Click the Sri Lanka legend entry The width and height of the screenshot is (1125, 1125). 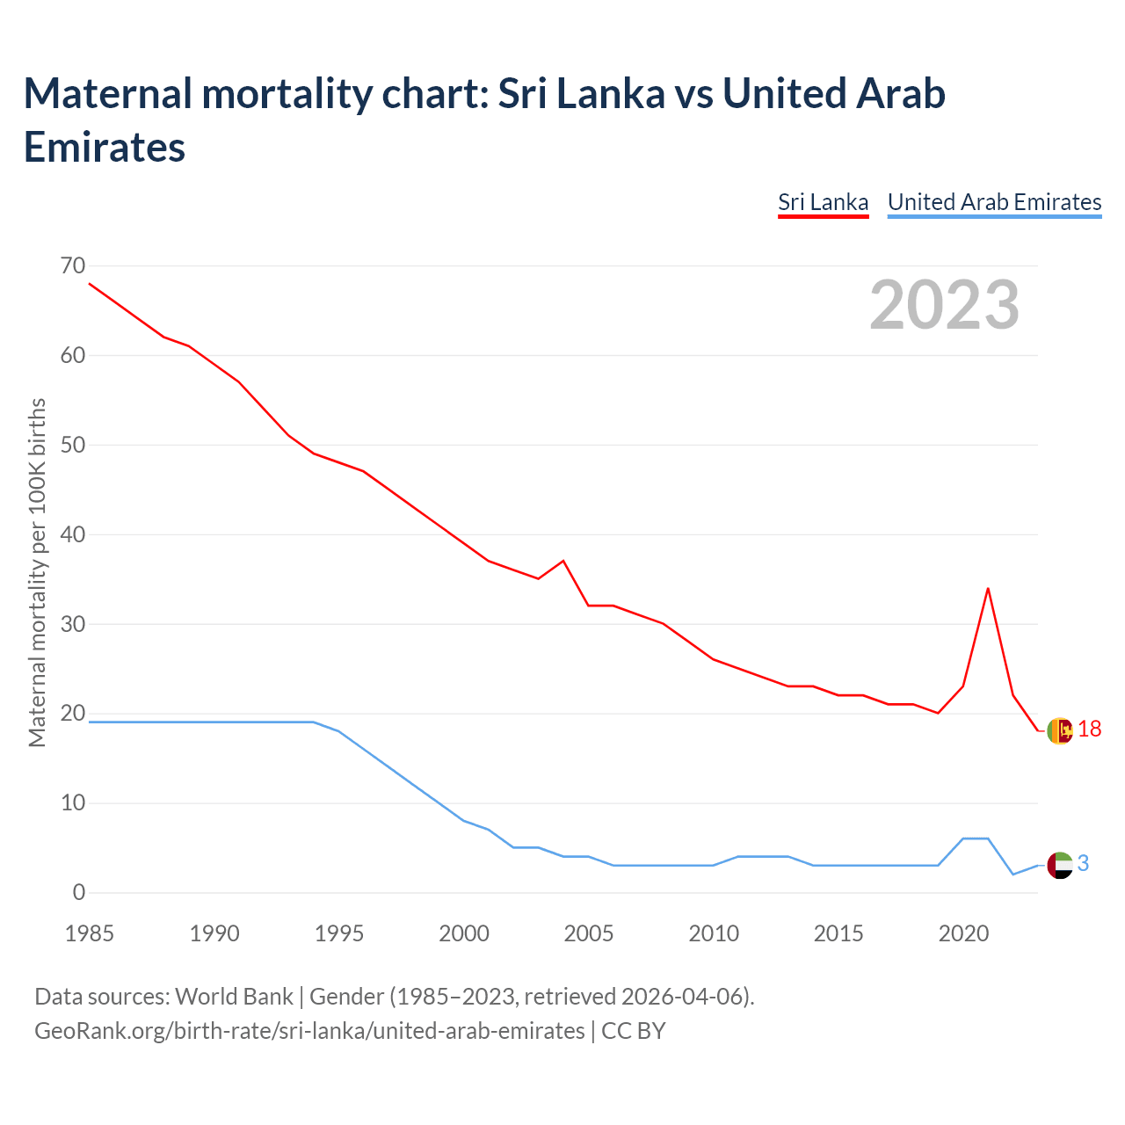[x=823, y=202]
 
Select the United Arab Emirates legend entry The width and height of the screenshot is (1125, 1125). [x=994, y=202]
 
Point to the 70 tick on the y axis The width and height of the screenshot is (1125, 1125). [x=73, y=265]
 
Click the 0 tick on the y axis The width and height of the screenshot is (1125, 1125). [x=79, y=892]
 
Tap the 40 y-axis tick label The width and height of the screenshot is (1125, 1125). [x=73, y=534]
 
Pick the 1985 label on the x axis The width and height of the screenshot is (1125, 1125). [x=90, y=933]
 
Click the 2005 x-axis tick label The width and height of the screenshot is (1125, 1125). [x=589, y=933]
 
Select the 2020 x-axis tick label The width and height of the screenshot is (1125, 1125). [x=963, y=933]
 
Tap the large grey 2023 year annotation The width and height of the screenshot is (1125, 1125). [x=944, y=305]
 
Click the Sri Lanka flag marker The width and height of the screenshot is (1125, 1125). [x=1060, y=730]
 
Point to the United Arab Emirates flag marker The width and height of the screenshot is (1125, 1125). [x=1060, y=865]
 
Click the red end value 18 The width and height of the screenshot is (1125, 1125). [x=1089, y=729]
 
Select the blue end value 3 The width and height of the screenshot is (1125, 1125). [x=1083, y=864]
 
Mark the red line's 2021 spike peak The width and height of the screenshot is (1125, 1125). [x=988, y=588]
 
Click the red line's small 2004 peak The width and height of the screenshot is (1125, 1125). [x=563, y=561]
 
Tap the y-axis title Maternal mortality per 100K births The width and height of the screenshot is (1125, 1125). [x=37, y=573]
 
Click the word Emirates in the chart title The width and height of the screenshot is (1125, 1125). [x=105, y=147]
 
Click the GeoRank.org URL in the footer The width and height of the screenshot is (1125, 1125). [x=309, y=1030]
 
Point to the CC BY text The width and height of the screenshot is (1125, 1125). [x=634, y=1030]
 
